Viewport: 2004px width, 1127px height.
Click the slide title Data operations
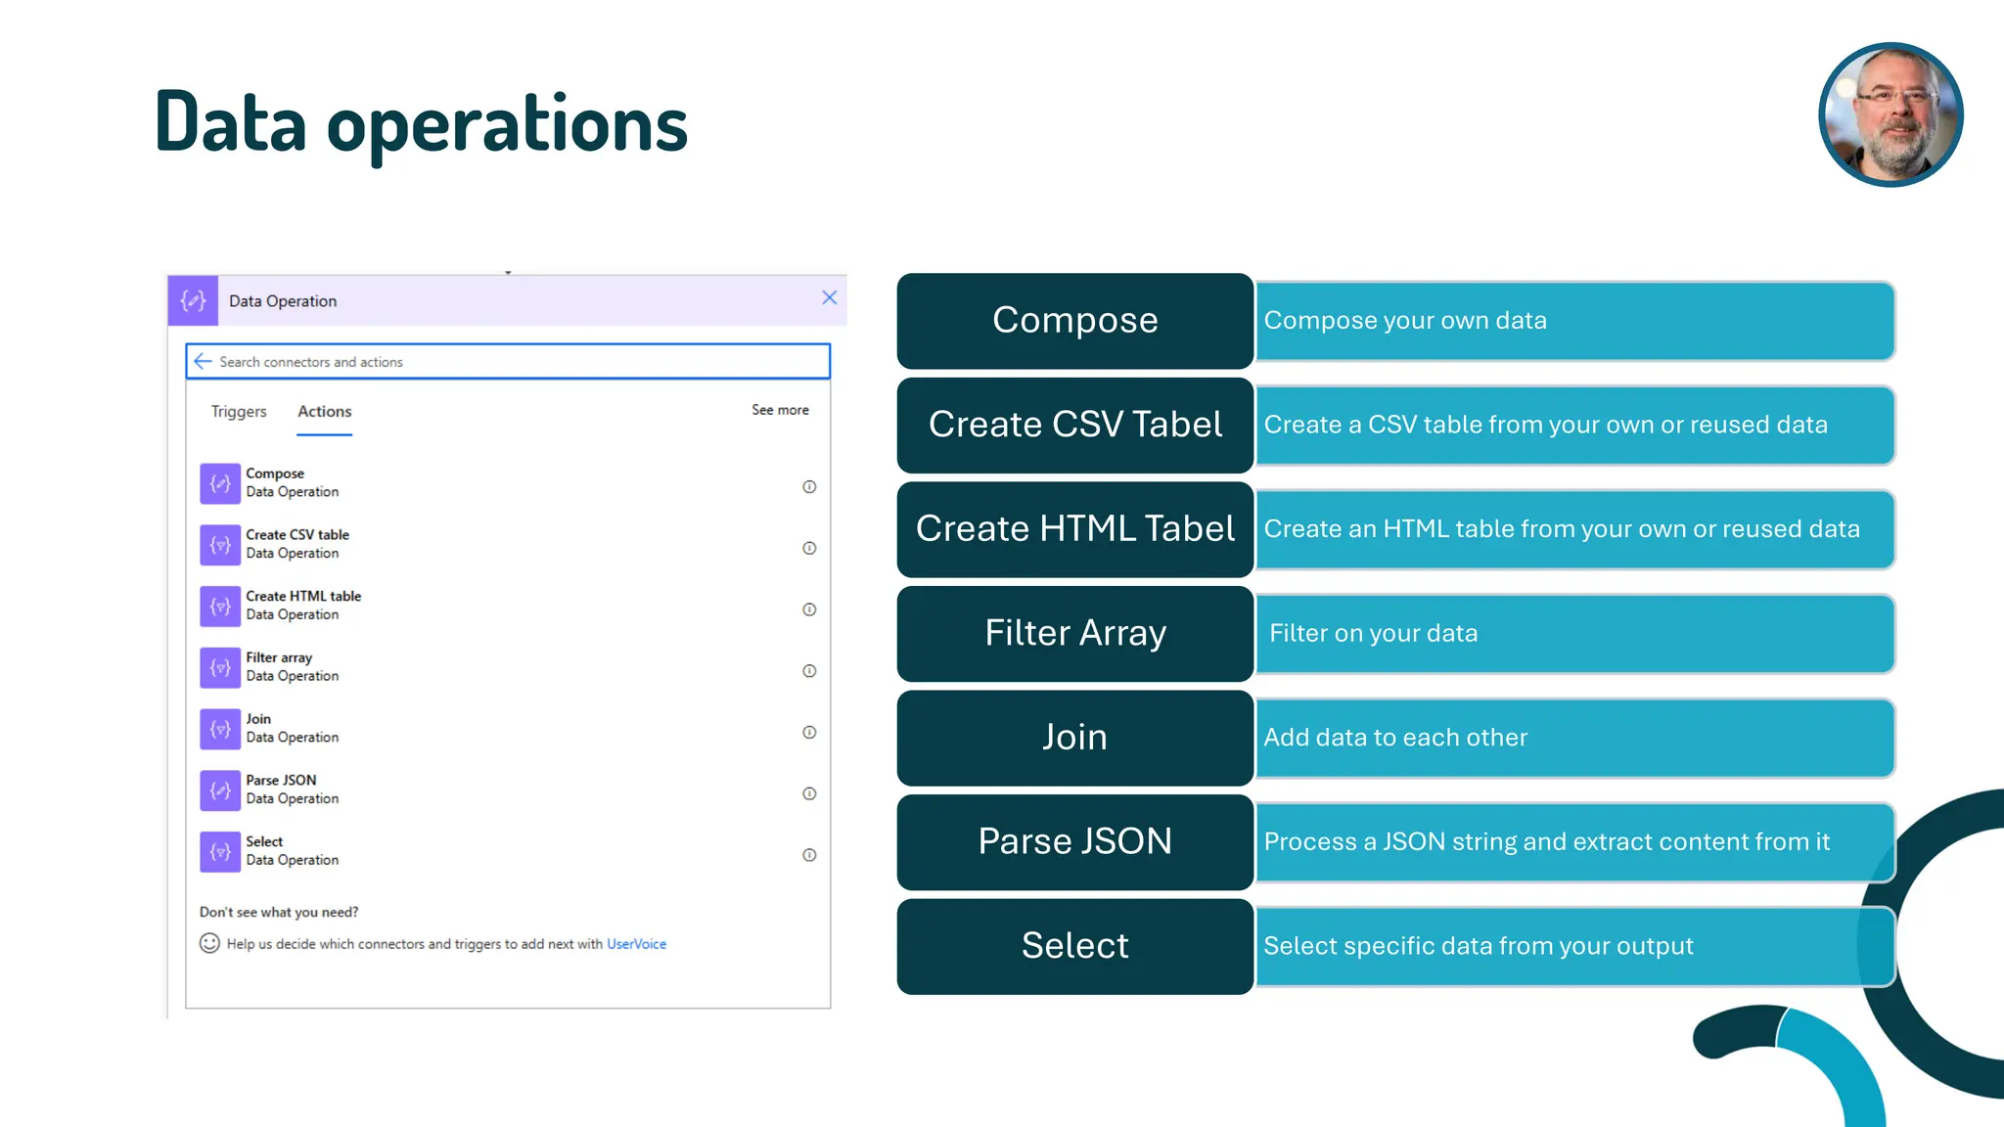[x=421, y=124]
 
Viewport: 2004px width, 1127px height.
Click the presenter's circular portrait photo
[x=1890, y=114]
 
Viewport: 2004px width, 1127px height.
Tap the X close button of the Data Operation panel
[x=829, y=298]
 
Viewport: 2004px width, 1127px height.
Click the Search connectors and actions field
[x=509, y=362]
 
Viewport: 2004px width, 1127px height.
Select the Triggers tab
[x=239, y=412]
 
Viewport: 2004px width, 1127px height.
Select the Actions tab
[x=325, y=412]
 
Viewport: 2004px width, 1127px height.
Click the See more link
[x=780, y=410]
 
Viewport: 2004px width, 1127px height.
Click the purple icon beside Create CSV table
[x=220, y=545]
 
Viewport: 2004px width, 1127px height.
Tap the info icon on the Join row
[x=809, y=733]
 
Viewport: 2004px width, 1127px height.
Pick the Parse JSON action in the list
[x=282, y=781]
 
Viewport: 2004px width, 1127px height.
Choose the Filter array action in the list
[x=279, y=658]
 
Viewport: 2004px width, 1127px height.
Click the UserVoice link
[x=636, y=944]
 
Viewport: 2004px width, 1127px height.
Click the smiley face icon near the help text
[x=209, y=943]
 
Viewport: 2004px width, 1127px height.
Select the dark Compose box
[x=1074, y=321]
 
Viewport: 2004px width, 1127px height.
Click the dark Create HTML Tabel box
[x=1074, y=529]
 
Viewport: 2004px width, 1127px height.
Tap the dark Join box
[x=1074, y=738]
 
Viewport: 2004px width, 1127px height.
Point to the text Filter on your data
[x=1373, y=634]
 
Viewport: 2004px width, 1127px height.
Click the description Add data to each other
[x=1395, y=738]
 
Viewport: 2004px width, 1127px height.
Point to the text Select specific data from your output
[x=1478, y=946]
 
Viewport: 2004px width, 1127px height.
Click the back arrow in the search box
[x=203, y=362]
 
